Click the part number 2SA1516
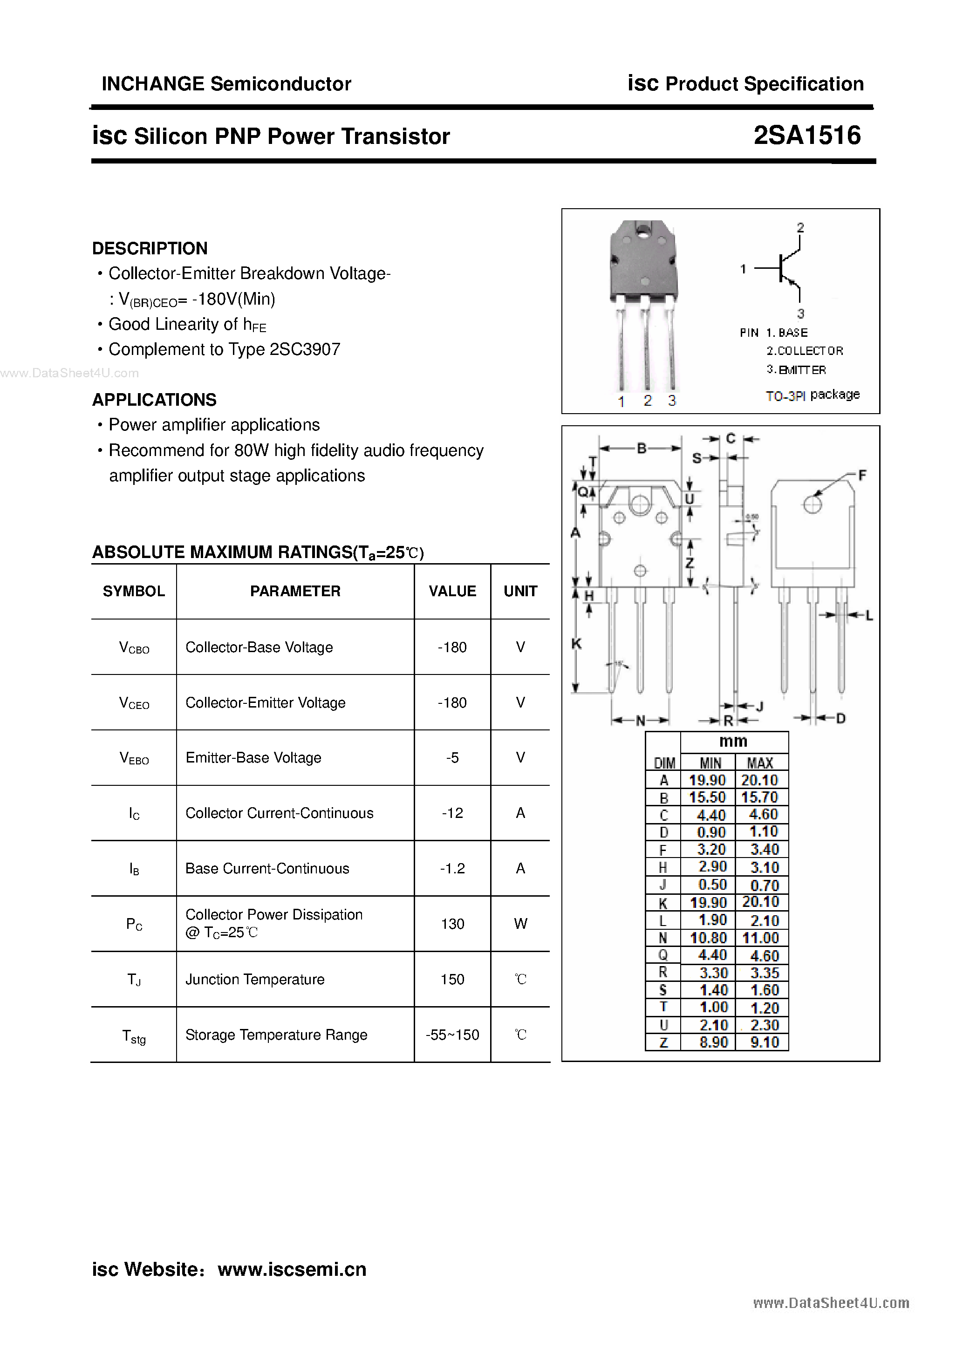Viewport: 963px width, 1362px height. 807,135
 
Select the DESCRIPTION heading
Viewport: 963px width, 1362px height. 150,248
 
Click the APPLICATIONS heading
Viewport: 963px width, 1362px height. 154,400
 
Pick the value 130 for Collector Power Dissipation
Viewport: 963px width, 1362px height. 452,924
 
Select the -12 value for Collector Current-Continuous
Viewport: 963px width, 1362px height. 452,813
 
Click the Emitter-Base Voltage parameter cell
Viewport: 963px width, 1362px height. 253,757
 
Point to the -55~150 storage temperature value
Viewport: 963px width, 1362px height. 452,1035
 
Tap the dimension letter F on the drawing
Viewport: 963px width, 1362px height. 862,475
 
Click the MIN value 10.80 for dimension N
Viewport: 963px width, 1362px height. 708,938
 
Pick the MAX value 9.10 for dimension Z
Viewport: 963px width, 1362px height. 764,1042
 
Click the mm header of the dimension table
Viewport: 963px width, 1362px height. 733,742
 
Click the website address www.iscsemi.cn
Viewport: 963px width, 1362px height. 292,1269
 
